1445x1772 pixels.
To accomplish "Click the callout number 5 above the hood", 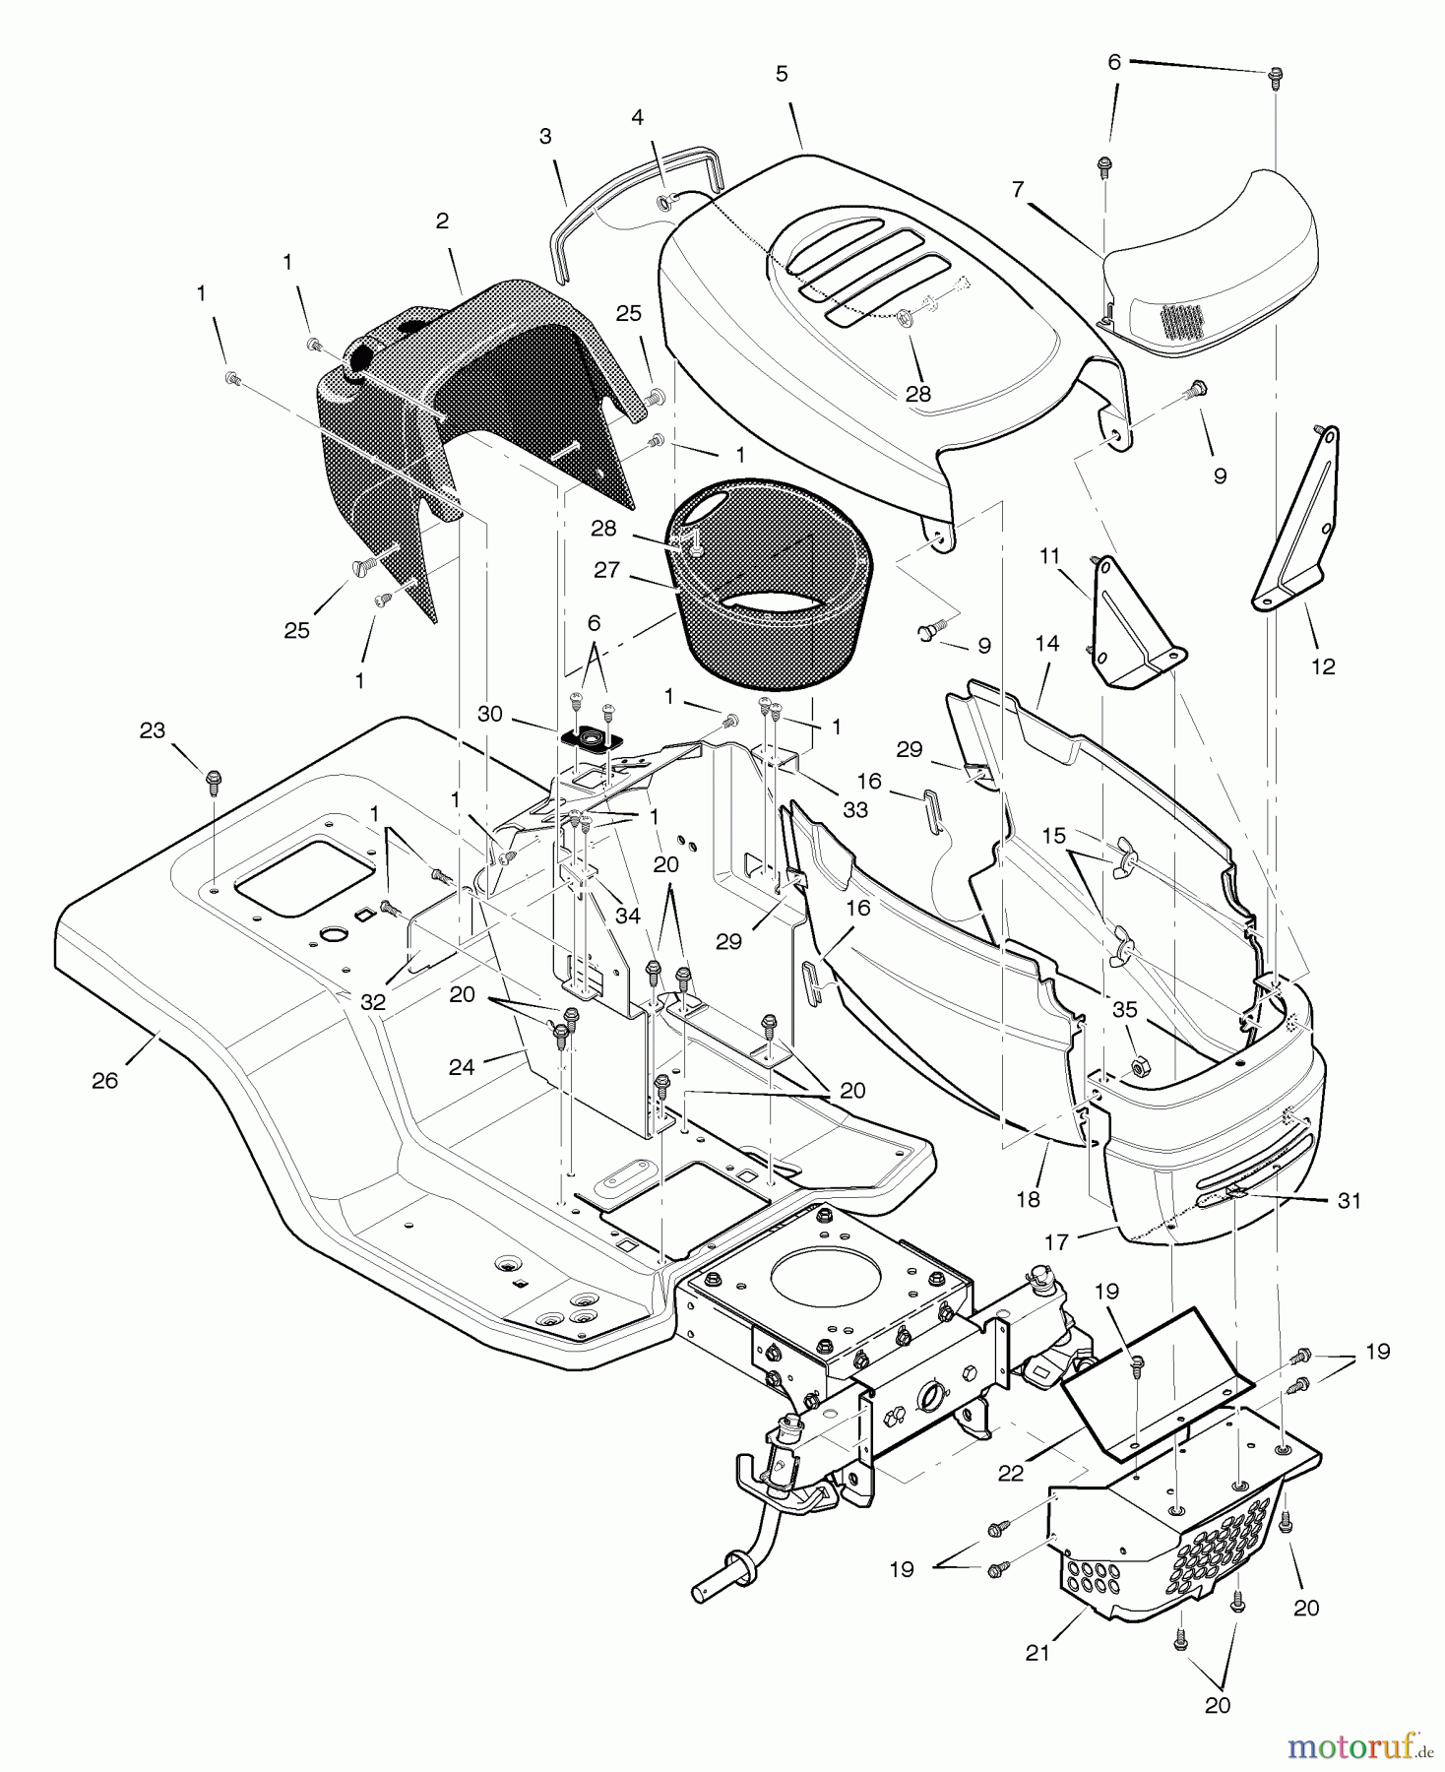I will click(782, 74).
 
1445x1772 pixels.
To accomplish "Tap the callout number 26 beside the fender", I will click(104, 1080).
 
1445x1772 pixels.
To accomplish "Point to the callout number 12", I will click(1323, 666).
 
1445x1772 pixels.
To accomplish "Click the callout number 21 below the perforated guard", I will click(1037, 1653).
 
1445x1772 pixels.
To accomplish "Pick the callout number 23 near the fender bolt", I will click(152, 730).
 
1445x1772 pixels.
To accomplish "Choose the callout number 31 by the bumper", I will click(1349, 1200).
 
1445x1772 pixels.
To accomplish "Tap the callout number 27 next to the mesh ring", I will click(607, 570).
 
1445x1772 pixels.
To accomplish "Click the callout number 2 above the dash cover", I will click(442, 221).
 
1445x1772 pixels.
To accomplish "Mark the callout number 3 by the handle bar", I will click(545, 136).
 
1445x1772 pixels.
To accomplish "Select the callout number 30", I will click(489, 714).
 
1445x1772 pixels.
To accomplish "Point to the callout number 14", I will click(1047, 643).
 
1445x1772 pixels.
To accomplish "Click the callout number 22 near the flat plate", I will click(1011, 1473).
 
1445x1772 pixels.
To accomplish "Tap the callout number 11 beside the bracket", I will click(1049, 556).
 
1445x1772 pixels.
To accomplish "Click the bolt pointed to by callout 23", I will click(214, 781).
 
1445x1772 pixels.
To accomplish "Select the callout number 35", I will click(1124, 1009).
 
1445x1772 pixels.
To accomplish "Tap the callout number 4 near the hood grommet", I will click(638, 117).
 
